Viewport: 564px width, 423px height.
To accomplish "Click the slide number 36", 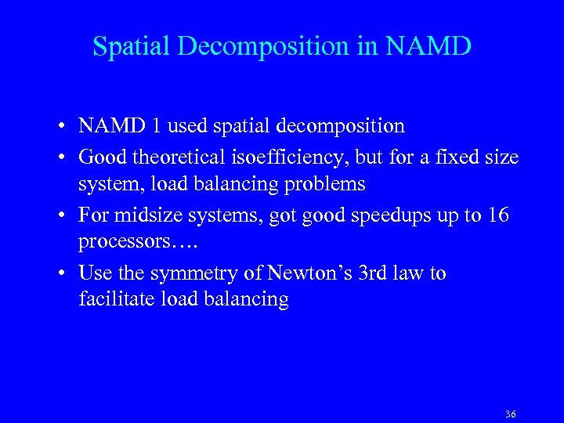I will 511,414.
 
